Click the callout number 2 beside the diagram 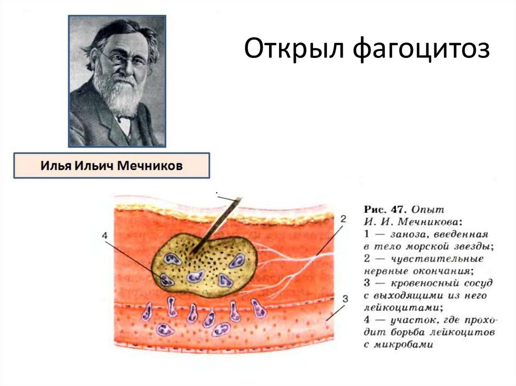coord(343,219)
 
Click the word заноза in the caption coord(400,234)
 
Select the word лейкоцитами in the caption coord(394,307)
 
